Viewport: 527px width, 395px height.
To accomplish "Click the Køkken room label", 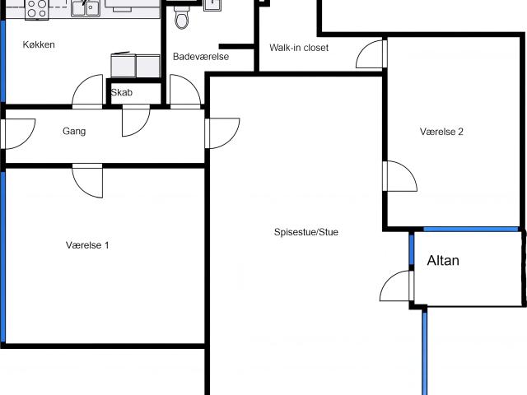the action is click(x=39, y=44).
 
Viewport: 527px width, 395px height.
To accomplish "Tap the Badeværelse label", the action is click(x=201, y=57).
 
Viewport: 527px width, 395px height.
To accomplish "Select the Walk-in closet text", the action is click(x=299, y=48).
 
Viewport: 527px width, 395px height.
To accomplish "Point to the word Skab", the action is click(x=122, y=92).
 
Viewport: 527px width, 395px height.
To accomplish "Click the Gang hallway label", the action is click(x=74, y=131).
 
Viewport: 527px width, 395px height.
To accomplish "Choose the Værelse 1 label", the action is click(x=87, y=245).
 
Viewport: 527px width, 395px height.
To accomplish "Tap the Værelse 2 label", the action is click(x=441, y=132).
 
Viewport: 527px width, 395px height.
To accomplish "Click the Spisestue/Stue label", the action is click(x=306, y=232).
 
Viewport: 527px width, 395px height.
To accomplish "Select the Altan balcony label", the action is click(x=443, y=261).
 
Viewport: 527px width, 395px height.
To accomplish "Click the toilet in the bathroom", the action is click(x=181, y=18).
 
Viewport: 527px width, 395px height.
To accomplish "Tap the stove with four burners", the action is click(x=37, y=9).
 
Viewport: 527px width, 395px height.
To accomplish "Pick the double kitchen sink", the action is click(x=86, y=8).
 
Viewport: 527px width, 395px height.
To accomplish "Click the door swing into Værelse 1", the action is click(x=87, y=180).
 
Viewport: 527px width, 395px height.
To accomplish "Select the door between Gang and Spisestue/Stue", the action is click(x=222, y=133).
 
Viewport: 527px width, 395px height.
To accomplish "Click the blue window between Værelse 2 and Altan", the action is click(x=470, y=230).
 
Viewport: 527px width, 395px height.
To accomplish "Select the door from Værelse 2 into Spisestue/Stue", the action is click(x=400, y=176).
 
